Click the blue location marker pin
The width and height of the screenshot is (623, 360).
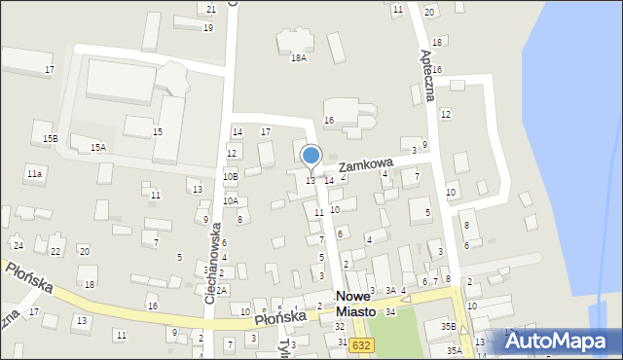[x=311, y=157]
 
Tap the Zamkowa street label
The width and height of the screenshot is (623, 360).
[x=365, y=166]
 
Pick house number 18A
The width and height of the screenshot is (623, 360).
[x=299, y=57]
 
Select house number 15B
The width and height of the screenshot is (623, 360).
[x=50, y=139]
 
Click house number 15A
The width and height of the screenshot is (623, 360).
[x=98, y=147]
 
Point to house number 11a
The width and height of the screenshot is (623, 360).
[x=35, y=173]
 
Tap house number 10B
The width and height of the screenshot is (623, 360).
[x=230, y=176]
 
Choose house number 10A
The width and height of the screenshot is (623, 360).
[x=230, y=200]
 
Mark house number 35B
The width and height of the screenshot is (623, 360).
[x=448, y=326]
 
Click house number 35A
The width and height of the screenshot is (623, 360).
[x=455, y=350]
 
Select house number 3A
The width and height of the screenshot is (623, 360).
[x=389, y=290]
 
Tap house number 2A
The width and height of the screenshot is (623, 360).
[x=222, y=290]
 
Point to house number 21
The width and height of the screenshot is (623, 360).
[x=211, y=9]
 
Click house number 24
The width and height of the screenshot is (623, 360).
[x=18, y=245]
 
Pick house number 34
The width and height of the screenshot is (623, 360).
[x=390, y=311]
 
